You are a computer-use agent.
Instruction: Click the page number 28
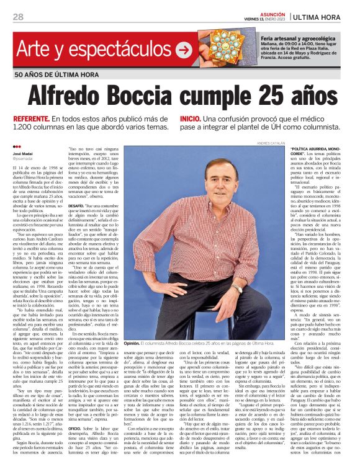(x=18, y=17)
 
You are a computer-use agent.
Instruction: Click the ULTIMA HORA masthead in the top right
(x=325, y=17)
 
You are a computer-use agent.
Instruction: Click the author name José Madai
(x=22, y=152)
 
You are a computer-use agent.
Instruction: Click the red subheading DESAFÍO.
(x=78, y=204)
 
